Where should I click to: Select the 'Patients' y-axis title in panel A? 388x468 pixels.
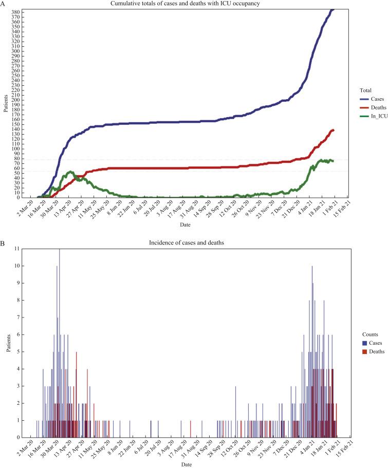click(5, 103)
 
